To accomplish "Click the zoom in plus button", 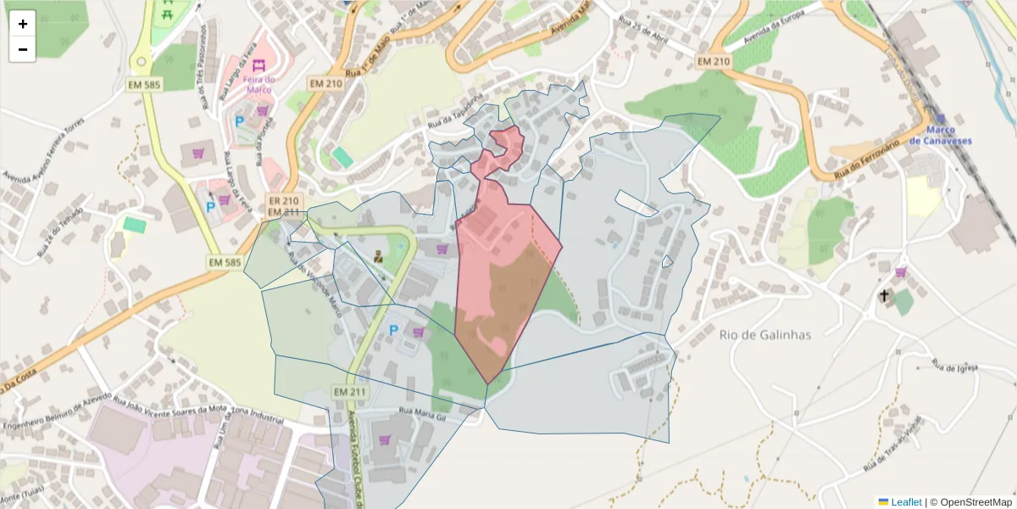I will point(23,24).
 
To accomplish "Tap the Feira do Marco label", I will point(258,85).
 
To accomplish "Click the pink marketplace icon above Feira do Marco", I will point(258,65).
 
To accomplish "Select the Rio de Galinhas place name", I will point(764,334).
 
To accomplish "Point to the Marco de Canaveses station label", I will point(940,136).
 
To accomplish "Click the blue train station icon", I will point(940,120).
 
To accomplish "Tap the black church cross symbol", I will point(884,296).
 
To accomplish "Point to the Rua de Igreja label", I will point(955,366).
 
